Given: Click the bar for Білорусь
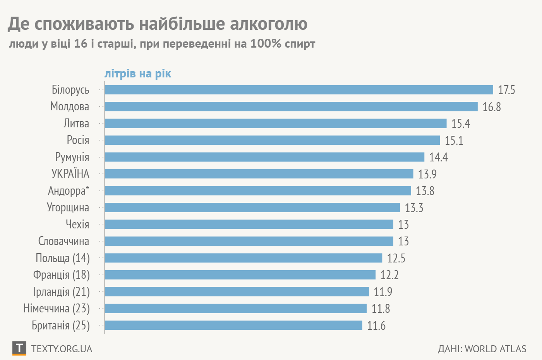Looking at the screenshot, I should click(299, 90).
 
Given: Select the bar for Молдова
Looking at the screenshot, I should click(291, 106).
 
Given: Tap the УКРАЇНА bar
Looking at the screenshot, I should click(259, 174).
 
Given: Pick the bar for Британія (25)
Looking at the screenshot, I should click(233, 325).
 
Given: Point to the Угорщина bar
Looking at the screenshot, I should click(252, 207).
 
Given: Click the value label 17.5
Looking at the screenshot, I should click(506, 90).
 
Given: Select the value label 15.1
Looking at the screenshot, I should click(454, 140).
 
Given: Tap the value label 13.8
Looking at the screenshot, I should click(425, 191).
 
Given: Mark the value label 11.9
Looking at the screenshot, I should click(383, 291).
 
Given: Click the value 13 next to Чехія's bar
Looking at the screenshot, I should click(403, 225).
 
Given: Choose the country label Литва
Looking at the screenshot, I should click(76, 123).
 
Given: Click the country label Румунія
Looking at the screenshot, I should click(72, 157).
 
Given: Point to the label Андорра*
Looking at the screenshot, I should click(69, 191).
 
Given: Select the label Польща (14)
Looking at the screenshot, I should click(63, 258).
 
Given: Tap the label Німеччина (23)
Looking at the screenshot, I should click(57, 309).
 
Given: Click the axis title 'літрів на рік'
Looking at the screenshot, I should click(138, 74).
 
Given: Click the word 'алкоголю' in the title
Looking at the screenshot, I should click(269, 24).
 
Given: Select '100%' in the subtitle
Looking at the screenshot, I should click(266, 43).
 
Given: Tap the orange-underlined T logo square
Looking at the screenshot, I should click(19, 348).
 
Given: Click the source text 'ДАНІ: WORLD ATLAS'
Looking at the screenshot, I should click(482, 349).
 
